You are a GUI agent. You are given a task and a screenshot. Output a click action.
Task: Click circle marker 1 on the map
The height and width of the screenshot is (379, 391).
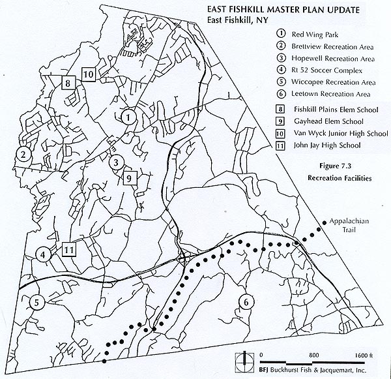(128, 117)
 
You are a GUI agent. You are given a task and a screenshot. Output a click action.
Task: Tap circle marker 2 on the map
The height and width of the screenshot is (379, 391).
(23, 155)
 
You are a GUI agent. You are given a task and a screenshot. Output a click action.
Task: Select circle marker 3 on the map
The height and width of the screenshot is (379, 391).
(116, 163)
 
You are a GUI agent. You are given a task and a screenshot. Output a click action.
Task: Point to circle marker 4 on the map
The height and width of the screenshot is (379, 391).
(43, 255)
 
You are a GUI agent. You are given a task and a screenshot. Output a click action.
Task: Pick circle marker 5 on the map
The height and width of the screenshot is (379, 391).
(36, 303)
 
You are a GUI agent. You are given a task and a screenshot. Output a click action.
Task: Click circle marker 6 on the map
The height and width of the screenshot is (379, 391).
(246, 302)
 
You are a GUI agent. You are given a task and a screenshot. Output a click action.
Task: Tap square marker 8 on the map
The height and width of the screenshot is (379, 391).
(68, 82)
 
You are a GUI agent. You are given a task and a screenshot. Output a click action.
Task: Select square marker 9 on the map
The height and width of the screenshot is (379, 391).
(130, 178)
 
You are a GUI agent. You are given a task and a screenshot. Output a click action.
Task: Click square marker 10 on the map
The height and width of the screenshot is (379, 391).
(88, 74)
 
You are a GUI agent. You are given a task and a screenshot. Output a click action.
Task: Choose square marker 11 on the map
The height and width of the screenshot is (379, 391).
(69, 249)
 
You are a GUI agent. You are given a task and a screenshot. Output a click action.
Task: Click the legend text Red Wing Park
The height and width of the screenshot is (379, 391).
(315, 35)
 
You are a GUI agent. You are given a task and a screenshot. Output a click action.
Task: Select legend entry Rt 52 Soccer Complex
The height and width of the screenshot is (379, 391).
(326, 70)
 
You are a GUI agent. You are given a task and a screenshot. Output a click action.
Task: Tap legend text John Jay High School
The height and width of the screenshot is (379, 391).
(327, 145)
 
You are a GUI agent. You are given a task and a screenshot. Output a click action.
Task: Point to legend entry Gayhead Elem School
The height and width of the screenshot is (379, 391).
(328, 121)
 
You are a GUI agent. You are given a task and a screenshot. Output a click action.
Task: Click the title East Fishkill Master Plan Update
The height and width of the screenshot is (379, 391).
(283, 10)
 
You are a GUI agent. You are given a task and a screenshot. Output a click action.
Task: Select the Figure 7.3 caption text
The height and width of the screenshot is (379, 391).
(335, 166)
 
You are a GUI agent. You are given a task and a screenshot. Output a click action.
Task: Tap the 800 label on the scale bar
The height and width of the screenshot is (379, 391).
(313, 355)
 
